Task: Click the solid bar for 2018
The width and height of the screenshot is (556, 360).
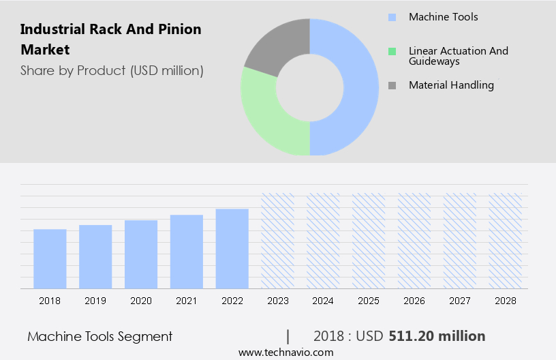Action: click(50, 258)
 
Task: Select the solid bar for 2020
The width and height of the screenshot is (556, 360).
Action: click(141, 254)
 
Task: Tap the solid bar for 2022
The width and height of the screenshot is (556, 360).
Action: click(232, 248)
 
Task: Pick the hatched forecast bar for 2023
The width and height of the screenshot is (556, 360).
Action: click(278, 240)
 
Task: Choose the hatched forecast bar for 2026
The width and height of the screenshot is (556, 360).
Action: click(414, 240)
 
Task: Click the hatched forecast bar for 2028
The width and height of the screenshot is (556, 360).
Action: click(506, 240)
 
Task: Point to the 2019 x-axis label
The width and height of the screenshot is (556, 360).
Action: click(95, 301)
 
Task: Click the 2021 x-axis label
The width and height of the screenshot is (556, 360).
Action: click(187, 301)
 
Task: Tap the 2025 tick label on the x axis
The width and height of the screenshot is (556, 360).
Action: click(369, 301)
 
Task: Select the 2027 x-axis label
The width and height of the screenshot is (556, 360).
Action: click(460, 301)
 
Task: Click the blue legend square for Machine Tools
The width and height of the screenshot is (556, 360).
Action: click(392, 17)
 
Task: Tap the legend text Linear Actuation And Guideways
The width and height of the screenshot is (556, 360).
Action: click(458, 56)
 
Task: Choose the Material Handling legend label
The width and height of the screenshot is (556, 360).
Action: click(451, 85)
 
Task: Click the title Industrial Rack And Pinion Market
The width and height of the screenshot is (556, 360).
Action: click(111, 40)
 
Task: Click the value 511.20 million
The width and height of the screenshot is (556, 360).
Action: click(437, 336)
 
